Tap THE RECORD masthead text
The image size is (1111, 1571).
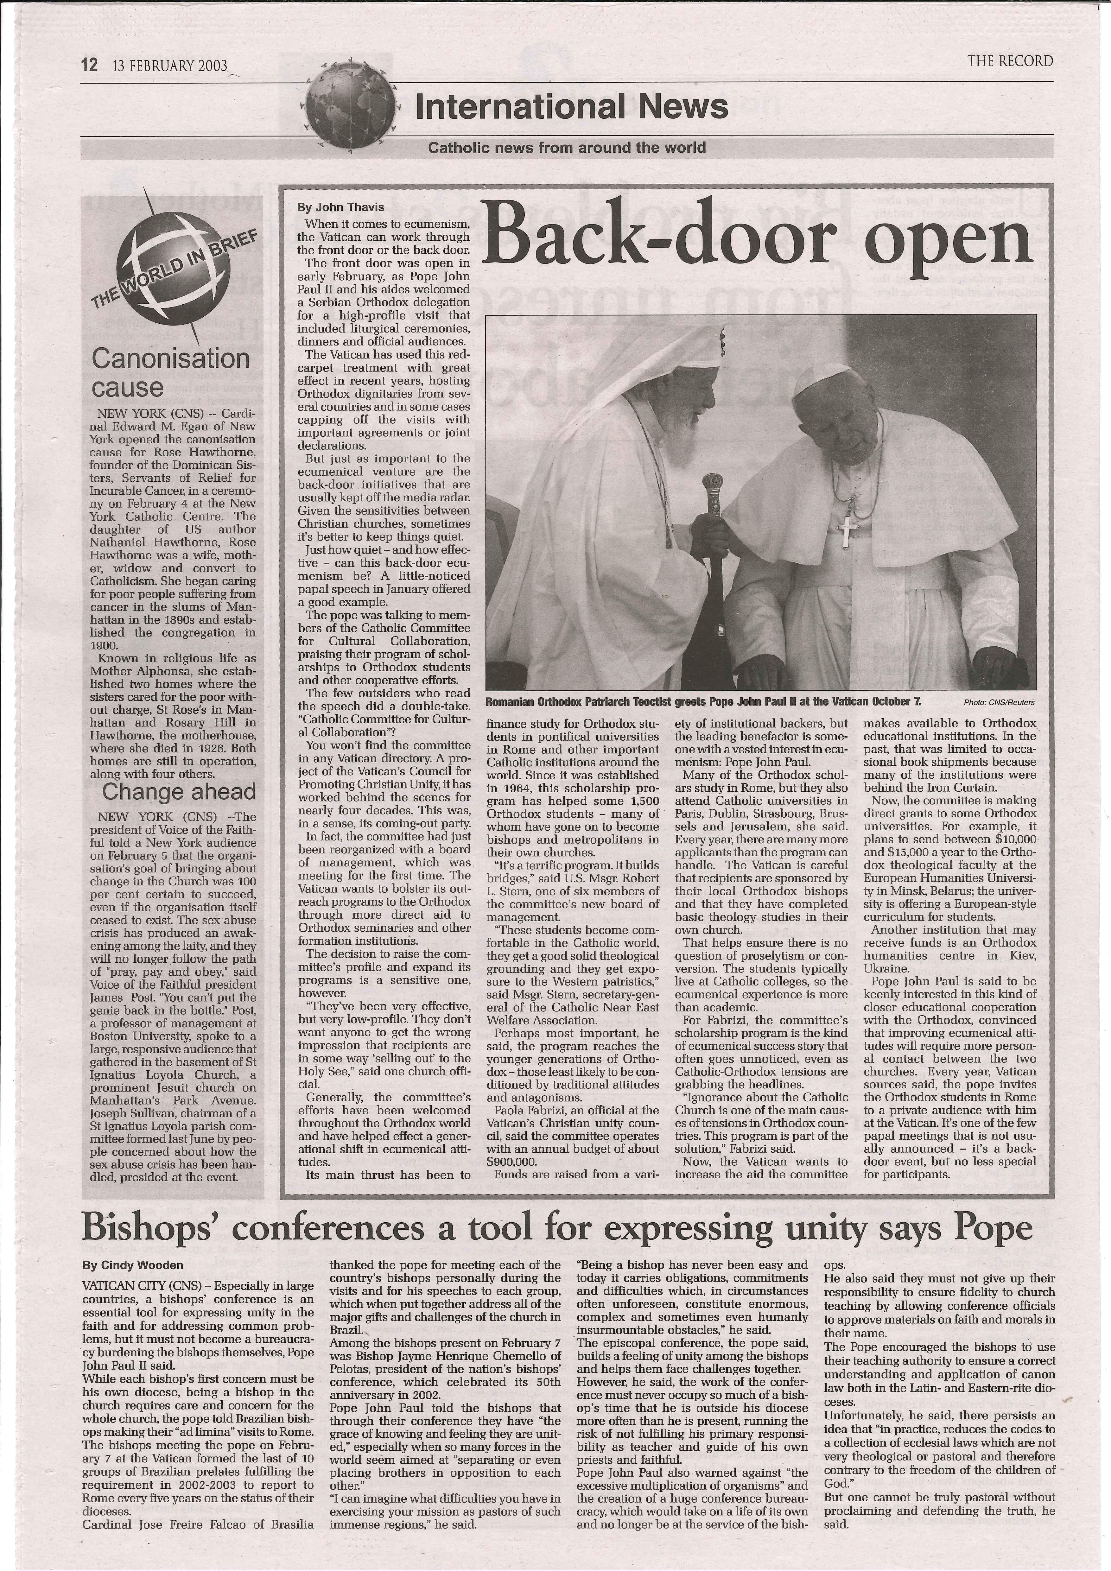(x=1010, y=61)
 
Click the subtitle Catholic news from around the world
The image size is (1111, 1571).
(x=567, y=147)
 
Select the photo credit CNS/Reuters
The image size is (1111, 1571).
(x=999, y=702)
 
